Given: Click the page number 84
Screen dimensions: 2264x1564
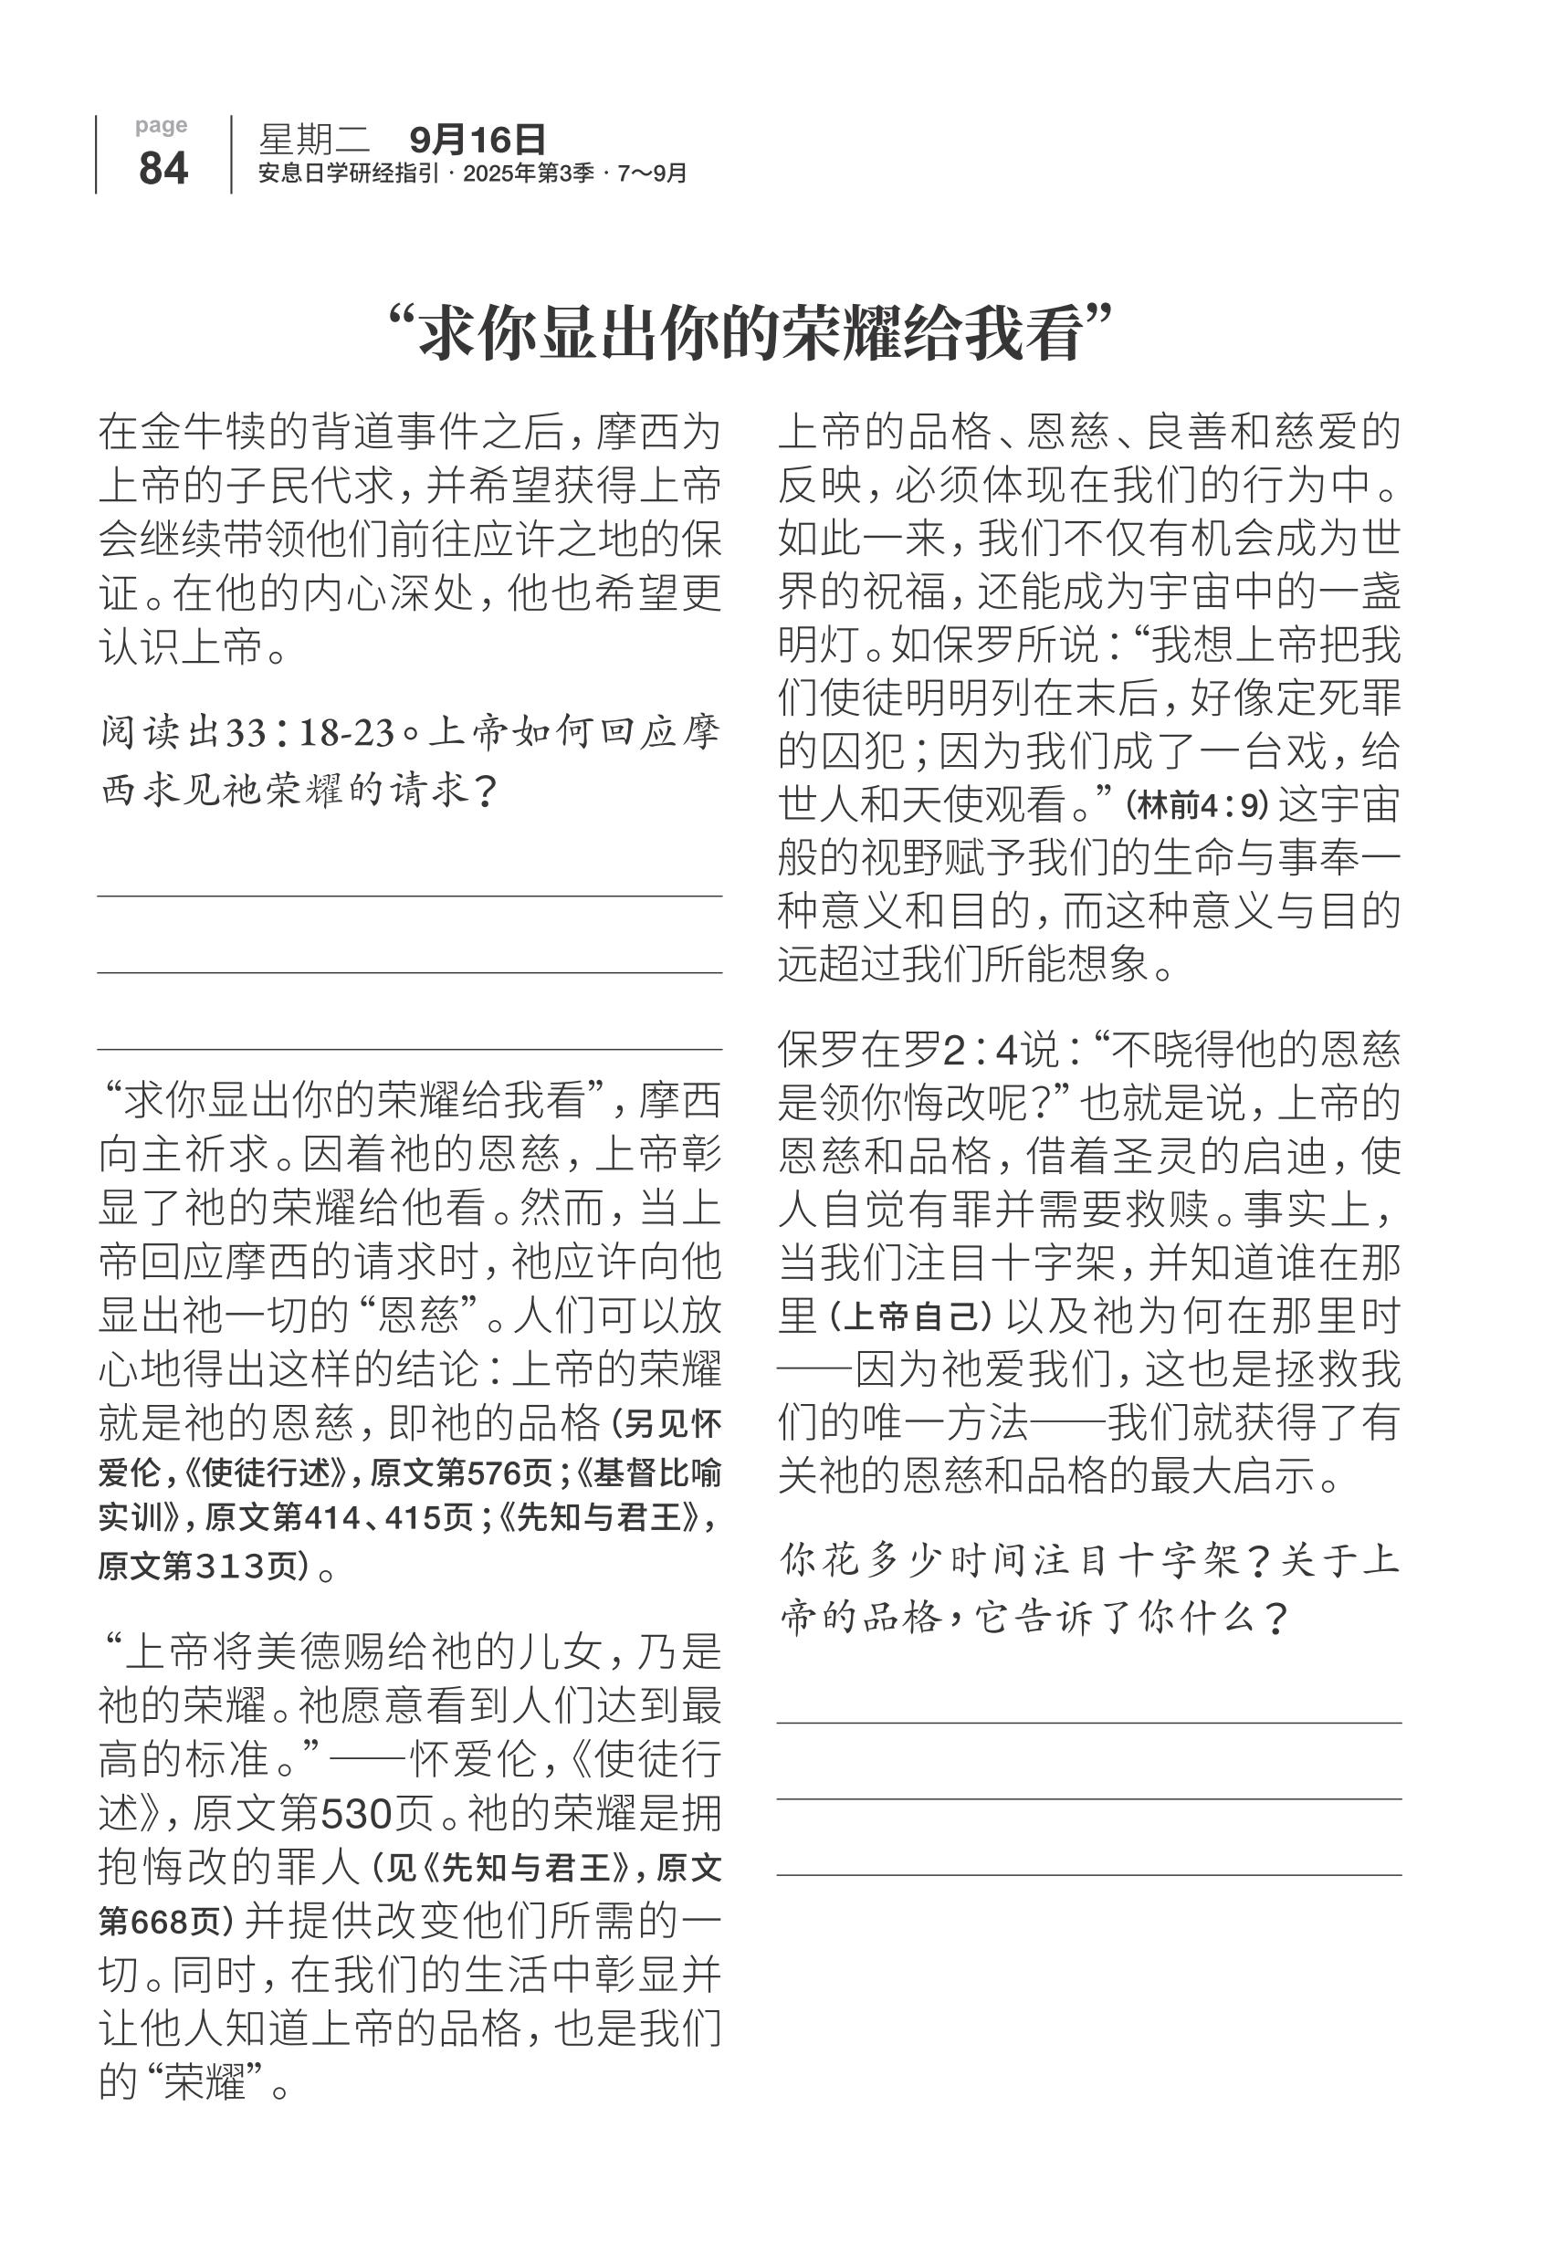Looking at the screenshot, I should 163,168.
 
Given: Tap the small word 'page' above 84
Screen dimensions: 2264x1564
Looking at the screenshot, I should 162,125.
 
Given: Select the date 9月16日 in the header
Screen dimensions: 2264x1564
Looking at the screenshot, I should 478,140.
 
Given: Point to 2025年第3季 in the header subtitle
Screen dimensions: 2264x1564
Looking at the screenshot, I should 529,173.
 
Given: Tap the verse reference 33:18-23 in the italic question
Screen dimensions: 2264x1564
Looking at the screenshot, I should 310,733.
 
